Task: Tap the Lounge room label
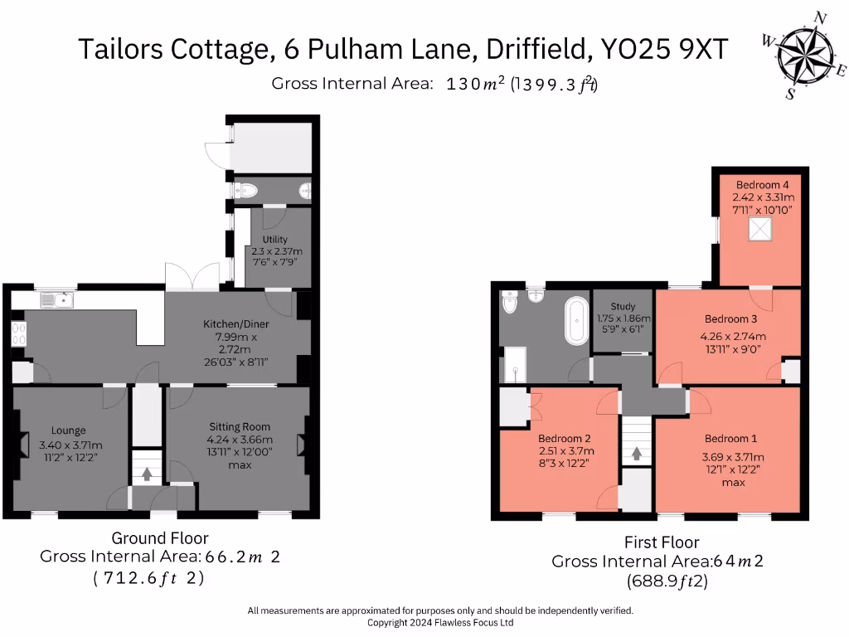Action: point(69,430)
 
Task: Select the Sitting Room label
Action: point(240,427)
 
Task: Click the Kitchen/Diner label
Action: point(236,323)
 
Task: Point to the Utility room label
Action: point(274,239)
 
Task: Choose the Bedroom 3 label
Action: point(731,318)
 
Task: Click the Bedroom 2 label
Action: point(564,438)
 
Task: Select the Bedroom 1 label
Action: point(731,438)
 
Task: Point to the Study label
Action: point(623,307)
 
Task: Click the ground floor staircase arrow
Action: point(148,474)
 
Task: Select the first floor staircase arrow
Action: point(637,454)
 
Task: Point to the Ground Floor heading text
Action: point(160,538)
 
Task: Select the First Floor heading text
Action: point(662,542)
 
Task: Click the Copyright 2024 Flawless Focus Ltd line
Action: point(440,622)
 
